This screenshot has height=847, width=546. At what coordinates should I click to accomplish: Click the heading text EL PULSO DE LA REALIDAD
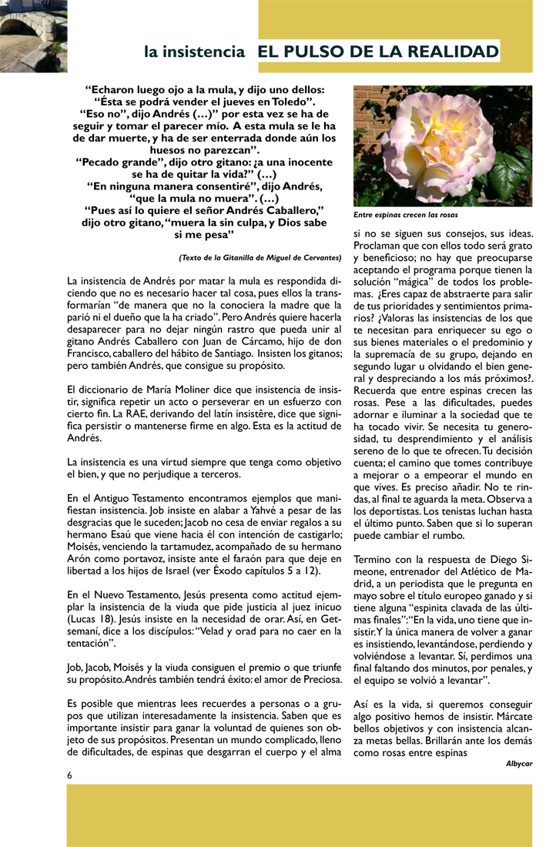click(x=378, y=52)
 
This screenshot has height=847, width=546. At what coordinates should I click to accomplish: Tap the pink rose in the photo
click(x=436, y=141)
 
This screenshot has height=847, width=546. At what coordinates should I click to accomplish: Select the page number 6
click(x=70, y=774)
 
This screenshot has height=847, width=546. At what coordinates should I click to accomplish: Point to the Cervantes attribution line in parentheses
click(x=260, y=256)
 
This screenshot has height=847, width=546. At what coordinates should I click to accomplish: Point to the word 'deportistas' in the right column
click(x=392, y=511)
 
